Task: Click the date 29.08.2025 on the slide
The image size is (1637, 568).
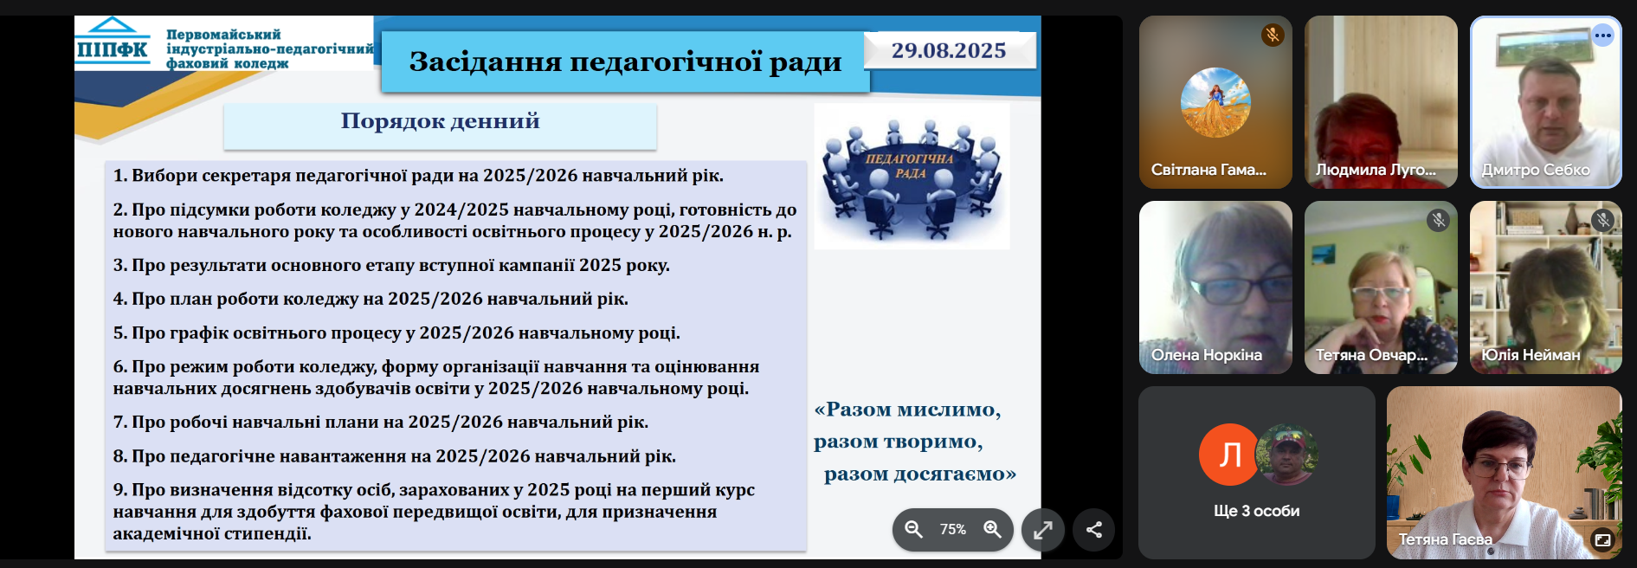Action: pos(949,51)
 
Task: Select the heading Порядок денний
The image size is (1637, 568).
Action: pos(440,121)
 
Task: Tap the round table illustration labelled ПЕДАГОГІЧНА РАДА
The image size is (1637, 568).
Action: pos(912,177)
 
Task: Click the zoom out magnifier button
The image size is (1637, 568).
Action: pos(913,529)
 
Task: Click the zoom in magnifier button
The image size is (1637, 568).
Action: pos(992,529)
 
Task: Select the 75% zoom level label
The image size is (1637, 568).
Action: pos(953,529)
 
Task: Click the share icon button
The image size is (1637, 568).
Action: pos(1094,530)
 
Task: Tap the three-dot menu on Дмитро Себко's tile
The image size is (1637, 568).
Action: pos(1603,35)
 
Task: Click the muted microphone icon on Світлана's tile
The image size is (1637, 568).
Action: pos(1273,35)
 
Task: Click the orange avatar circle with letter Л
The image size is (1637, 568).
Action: pos(1229,455)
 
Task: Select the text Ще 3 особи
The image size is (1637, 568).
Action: pos(1256,511)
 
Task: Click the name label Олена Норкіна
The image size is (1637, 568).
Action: pos(1207,355)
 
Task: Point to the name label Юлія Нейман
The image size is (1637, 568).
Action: pos(1531,355)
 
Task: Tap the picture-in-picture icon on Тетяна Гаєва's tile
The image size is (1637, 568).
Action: pos(1602,540)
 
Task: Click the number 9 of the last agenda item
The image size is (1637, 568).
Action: pos(119,490)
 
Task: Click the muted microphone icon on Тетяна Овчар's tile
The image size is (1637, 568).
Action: pos(1438,220)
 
